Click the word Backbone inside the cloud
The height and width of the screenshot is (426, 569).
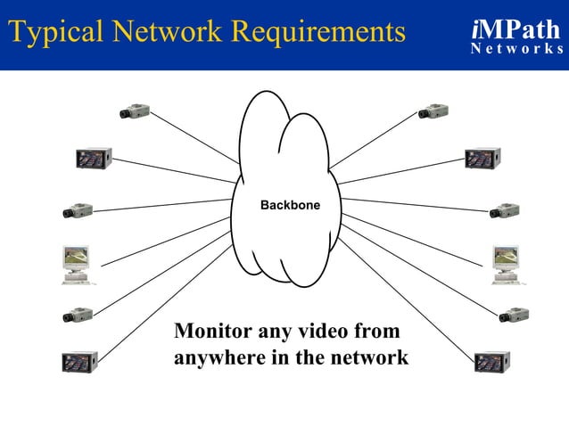[289, 206]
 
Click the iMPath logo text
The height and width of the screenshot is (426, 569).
[515, 29]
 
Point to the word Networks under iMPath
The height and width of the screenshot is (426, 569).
[516, 49]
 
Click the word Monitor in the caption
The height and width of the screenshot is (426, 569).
[212, 332]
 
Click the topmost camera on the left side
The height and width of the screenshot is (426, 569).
[135, 112]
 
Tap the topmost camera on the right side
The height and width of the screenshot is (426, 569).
[433, 112]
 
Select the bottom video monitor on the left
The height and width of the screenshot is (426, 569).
[79, 362]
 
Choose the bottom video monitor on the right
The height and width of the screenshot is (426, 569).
[491, 362]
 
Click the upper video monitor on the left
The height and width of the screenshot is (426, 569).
[93, 158]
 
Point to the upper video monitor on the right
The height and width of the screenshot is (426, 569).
[482, 159]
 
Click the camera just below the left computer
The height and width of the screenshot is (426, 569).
[78, 315]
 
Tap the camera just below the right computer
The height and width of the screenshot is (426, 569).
[514, 315]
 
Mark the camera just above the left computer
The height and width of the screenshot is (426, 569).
[78, 211]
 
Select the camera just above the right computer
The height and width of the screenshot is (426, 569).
[505, 211]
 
